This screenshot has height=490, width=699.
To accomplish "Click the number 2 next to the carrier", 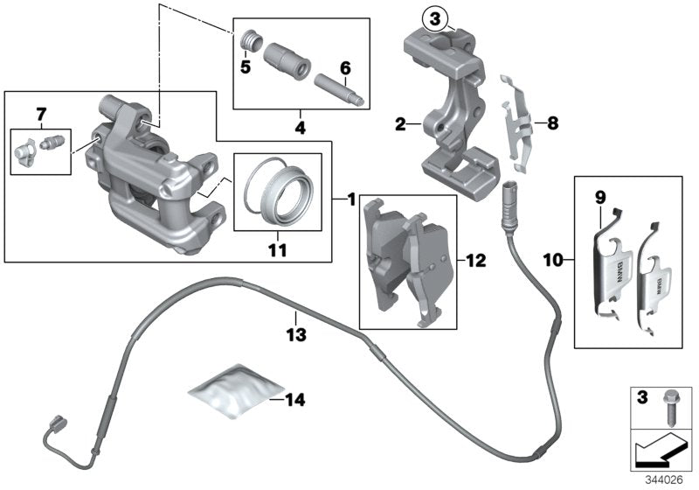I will click(400, 126).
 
